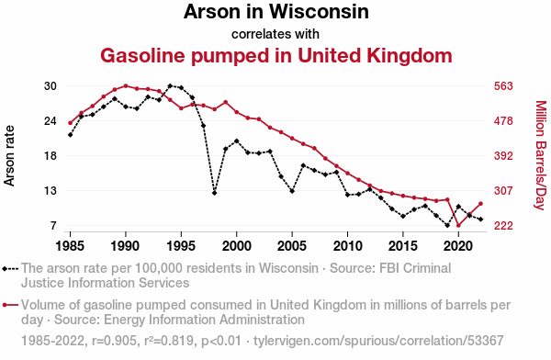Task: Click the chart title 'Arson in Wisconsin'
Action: (x=275, y=11)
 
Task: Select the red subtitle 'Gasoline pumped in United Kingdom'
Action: (x=276, y=55)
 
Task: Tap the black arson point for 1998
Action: (x=214, y=193)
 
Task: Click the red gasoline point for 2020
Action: (x=458, y=225)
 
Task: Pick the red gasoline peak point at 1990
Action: (x=126, y=85)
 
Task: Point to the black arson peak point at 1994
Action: (x=170, y=85)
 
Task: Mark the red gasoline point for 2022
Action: (x=480, y=204)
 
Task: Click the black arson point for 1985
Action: (x=71, y=135)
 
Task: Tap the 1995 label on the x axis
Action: (x=181, y=246)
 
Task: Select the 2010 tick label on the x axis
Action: (x=347, y=246)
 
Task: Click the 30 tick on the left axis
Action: (x=50, y=86)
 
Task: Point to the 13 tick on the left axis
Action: (x=50, y=191)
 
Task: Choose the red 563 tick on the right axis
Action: (x=503, y=86)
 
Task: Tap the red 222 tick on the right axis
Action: (x=503, y=226)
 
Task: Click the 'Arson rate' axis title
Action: (x=9, y=156)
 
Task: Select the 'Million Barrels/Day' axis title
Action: (x=541, y=155)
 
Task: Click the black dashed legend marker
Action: (x=10, y=269)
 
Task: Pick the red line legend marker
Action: (x=10, y=305)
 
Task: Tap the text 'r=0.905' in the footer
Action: (x=114, y=341)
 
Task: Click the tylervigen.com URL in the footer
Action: (x=378, y=341)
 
